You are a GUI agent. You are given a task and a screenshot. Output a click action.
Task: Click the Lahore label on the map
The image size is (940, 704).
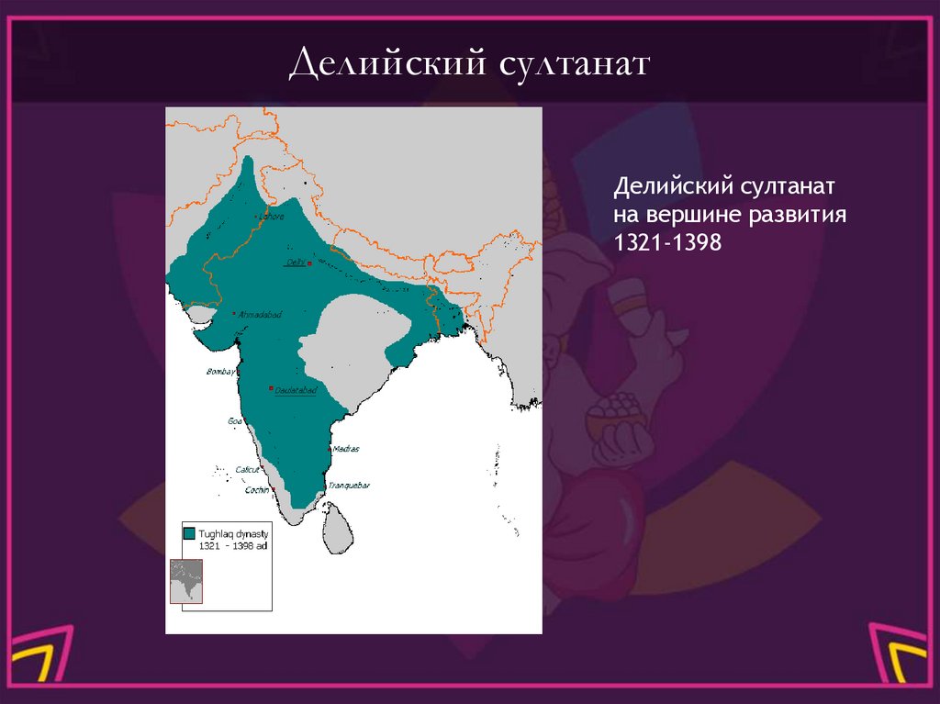[x=273, y=217]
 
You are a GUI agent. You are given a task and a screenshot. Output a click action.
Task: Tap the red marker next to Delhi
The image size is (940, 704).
[x=310, y=263]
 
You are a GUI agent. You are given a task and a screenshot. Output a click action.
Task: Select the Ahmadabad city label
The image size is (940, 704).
[x=261, y=315]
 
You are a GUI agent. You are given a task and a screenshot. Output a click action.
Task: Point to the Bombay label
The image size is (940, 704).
[x=219, y=372]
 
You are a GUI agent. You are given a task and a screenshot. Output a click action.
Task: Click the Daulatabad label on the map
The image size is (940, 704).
[x=296, y=390]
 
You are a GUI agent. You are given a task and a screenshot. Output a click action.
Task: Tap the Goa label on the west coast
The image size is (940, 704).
[x=235, y=421]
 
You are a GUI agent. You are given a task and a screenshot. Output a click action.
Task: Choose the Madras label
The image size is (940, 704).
[x=346, y=449]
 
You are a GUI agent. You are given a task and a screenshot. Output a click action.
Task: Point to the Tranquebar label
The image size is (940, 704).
[x=351, y=486]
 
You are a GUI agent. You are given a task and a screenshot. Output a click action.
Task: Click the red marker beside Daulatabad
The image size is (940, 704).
[x=271, y=389]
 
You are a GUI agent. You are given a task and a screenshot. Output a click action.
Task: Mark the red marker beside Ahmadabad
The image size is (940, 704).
[x=235, y=314]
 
